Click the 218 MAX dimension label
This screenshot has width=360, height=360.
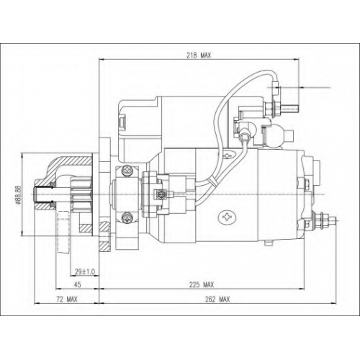click(x=199, y=55)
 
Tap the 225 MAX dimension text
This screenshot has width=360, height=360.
click(x=202, y=285)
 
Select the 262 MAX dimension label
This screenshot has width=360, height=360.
click(x=217, y=300)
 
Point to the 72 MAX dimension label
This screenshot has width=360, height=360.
click(x=67, y=300)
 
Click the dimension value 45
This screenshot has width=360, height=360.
click(x=77, y=285)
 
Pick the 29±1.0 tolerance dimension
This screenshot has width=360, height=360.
click(x=85, y=272)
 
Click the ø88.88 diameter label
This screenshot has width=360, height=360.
click(x=19, y=194)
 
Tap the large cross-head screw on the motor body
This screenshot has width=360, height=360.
click(x=227, y=217)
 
